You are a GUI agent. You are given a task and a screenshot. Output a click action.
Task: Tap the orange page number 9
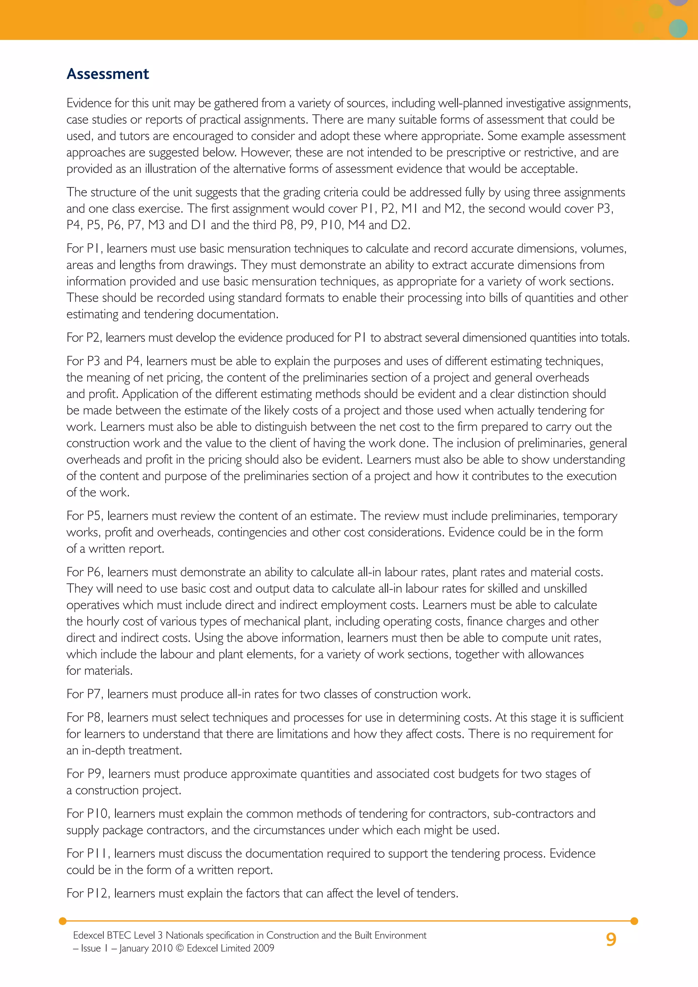point(611,939)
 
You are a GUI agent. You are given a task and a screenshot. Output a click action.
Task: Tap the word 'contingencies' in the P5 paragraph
point(252,532)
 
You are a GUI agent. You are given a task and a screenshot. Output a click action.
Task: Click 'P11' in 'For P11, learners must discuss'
point(97,853)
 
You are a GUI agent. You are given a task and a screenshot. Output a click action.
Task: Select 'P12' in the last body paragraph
point(97,893)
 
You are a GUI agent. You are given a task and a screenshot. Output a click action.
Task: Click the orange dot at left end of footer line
point(63,921)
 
